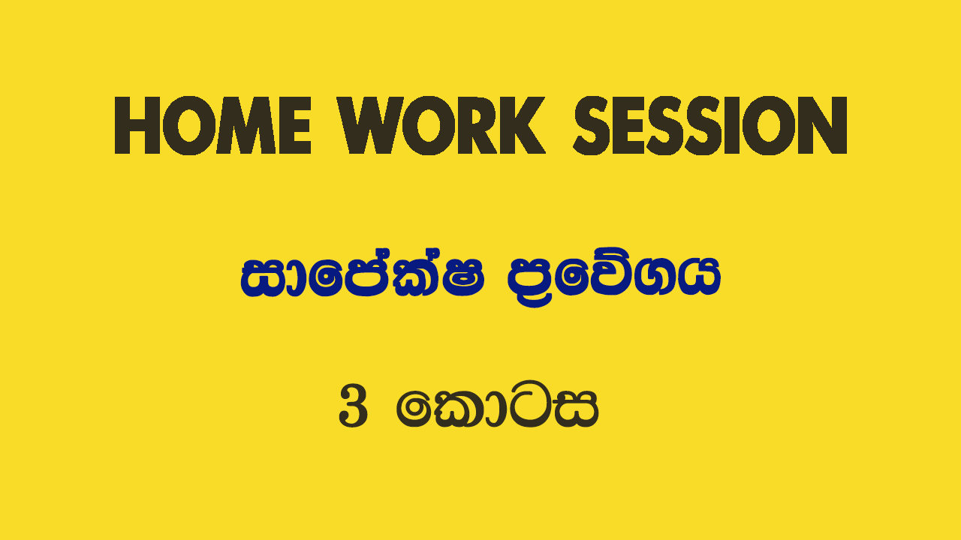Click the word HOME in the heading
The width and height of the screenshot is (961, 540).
click(212, 125)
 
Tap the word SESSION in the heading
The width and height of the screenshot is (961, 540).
click(710, 125)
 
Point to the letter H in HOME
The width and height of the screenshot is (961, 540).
click(137, 125)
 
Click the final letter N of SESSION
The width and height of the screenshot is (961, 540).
click(823, 125)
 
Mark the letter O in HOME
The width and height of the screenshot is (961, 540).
click(188, 125)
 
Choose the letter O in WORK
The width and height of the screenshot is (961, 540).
click(429, 125)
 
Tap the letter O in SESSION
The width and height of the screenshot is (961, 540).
click(773, 125)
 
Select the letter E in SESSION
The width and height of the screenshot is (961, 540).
click(627, 125)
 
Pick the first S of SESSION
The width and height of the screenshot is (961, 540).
click(591, 125)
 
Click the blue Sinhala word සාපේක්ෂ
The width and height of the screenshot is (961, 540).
click(363, 277)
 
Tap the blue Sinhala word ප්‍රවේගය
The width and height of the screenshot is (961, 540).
click(614, 278)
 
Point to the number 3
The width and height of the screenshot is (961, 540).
click(353, 406)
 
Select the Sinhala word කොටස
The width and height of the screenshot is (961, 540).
click(497, 404)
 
